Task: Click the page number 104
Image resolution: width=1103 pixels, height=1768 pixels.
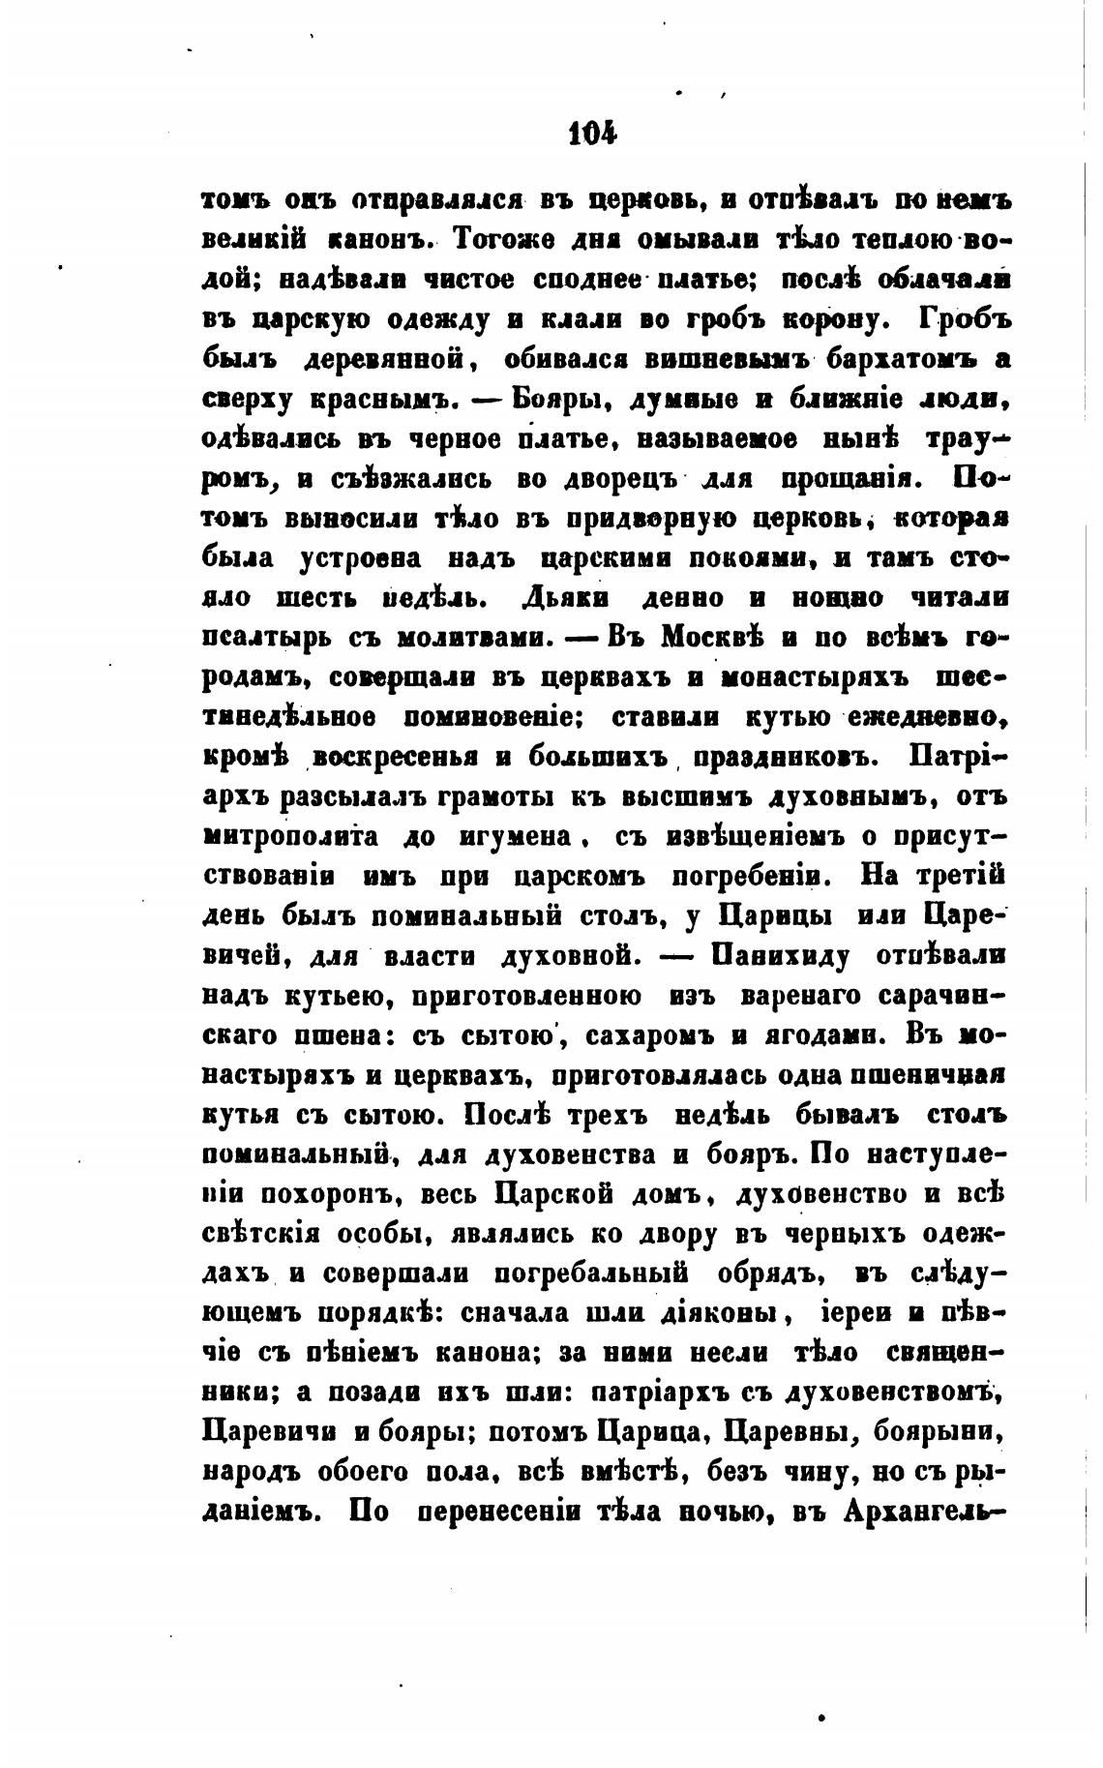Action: tap(592, 133)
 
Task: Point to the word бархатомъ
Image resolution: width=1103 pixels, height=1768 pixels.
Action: tap(901, 359)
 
